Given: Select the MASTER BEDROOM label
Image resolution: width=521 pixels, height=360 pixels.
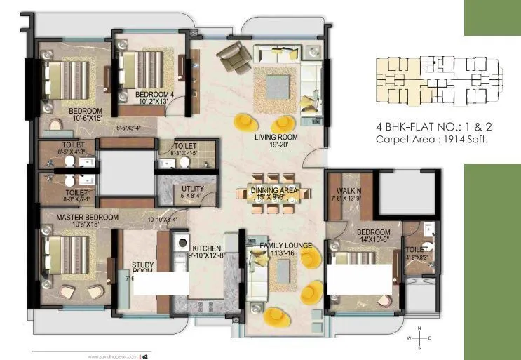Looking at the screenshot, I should [x=88, y=218].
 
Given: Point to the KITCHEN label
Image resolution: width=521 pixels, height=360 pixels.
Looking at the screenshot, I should [x=207, y=248].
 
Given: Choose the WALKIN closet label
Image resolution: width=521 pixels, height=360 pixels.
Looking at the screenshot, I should [x=349, y=190].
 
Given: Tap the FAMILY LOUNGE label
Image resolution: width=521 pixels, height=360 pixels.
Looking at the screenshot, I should [x=285, y=246].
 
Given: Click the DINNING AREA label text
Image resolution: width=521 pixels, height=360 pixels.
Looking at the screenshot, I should [x=274, y=190].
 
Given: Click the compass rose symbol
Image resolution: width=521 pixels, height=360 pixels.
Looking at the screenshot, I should [x=419, y=338].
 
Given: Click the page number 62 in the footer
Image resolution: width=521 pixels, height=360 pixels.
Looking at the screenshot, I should [x=145, y=355].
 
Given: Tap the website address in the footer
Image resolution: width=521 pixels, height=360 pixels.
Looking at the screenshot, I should [x=114, y=355].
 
